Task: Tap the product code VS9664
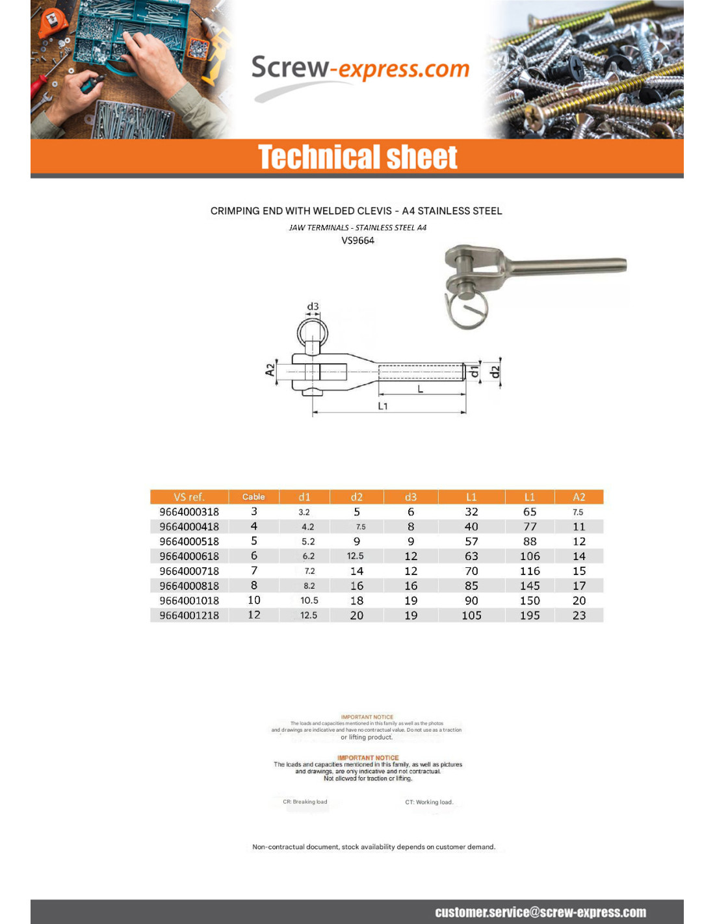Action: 357,240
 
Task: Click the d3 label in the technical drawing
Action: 313,306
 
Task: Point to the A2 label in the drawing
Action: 270,370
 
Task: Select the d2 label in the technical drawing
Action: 495,372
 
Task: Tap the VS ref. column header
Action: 189,497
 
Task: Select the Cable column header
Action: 253,497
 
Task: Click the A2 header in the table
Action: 578,497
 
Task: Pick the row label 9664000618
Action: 189,556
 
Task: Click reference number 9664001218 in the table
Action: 189,615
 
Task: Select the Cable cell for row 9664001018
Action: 253,600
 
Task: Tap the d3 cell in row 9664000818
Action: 411,586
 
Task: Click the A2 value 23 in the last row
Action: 578,615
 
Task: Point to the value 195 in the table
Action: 530,615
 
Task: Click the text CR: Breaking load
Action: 305,802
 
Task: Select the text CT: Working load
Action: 429,802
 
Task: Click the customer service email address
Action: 540,912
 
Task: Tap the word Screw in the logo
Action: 290,68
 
